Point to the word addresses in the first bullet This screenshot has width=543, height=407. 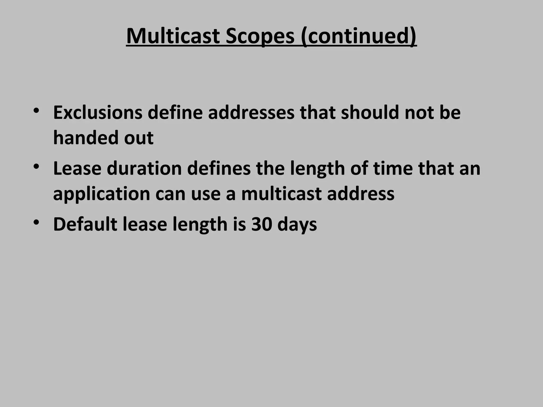pyautogui.click(x=251, y=112)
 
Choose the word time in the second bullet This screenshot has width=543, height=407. pyautogui.click(x=393, y=169)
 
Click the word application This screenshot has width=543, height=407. pyautogui.click(x=102, y=194)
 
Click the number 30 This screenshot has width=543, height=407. pyautogui.click(x=262, y=224)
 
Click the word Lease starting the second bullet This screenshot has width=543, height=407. pyautogui.click(x=77, y=169)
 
